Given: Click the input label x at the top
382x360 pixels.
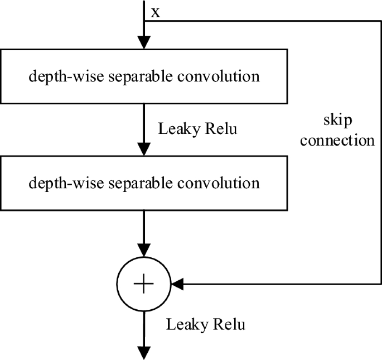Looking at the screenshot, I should [156, 12].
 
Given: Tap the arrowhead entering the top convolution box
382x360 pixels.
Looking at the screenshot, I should [144, 43].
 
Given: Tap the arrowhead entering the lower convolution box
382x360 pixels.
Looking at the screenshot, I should [144, 150].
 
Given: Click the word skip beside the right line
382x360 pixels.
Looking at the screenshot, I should [337, 121].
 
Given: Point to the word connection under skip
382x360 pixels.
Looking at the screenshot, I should [337, 140].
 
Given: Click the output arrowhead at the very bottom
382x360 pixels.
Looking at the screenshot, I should [144, 352].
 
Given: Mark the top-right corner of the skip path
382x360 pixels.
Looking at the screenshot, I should [381, 21].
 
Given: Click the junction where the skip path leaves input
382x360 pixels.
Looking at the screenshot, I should [144, 21].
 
